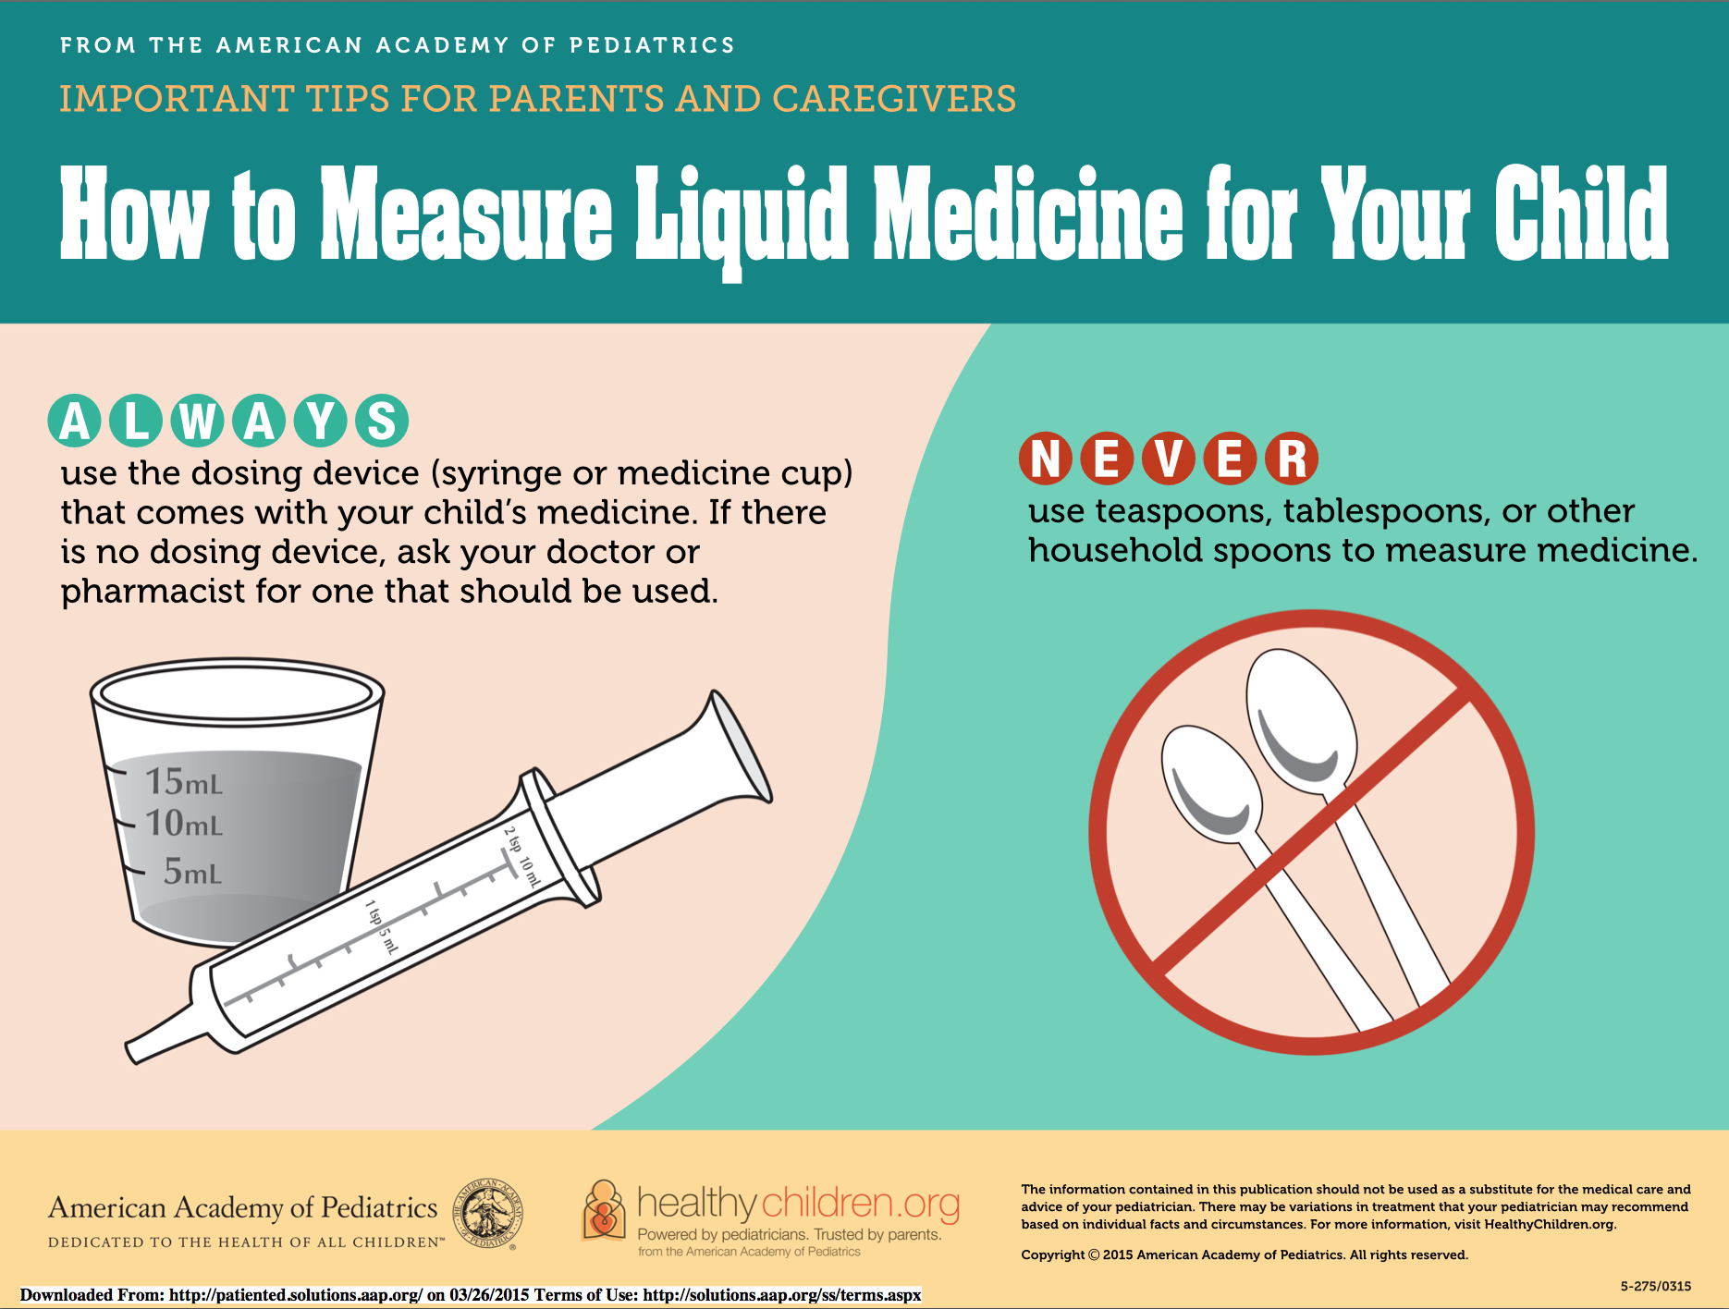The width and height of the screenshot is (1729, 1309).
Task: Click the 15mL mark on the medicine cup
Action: pyautogui.click(x=184, y=782)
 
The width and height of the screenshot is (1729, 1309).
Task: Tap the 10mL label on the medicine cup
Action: pyautogui.click(x=184, y=824)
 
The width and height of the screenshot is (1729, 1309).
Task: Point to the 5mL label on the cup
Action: pyautogui.click(x=192, y=872)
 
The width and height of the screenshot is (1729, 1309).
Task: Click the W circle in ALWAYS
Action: pyautogui.click(x=197, y=422)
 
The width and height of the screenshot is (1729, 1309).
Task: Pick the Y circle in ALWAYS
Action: pyautogui.click(x=320, y=422)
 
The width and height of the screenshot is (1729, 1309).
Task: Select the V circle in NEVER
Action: pyautogui.click(x=1168, y=459)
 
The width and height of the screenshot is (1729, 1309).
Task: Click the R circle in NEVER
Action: pyautogui.click(x=1292, y=459)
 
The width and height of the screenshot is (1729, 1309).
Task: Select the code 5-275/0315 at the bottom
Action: pyautogui.click(x=1655, y=1286)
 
